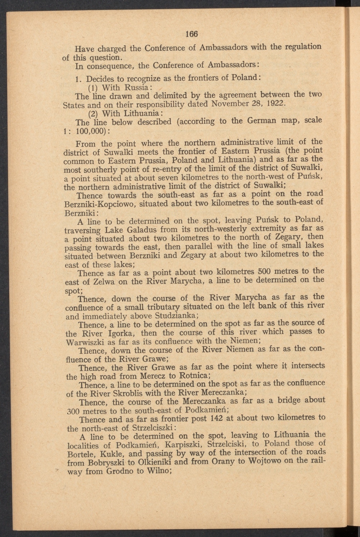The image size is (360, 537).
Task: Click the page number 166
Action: coord(192,34)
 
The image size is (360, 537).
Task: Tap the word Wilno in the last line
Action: coord(159,471)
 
